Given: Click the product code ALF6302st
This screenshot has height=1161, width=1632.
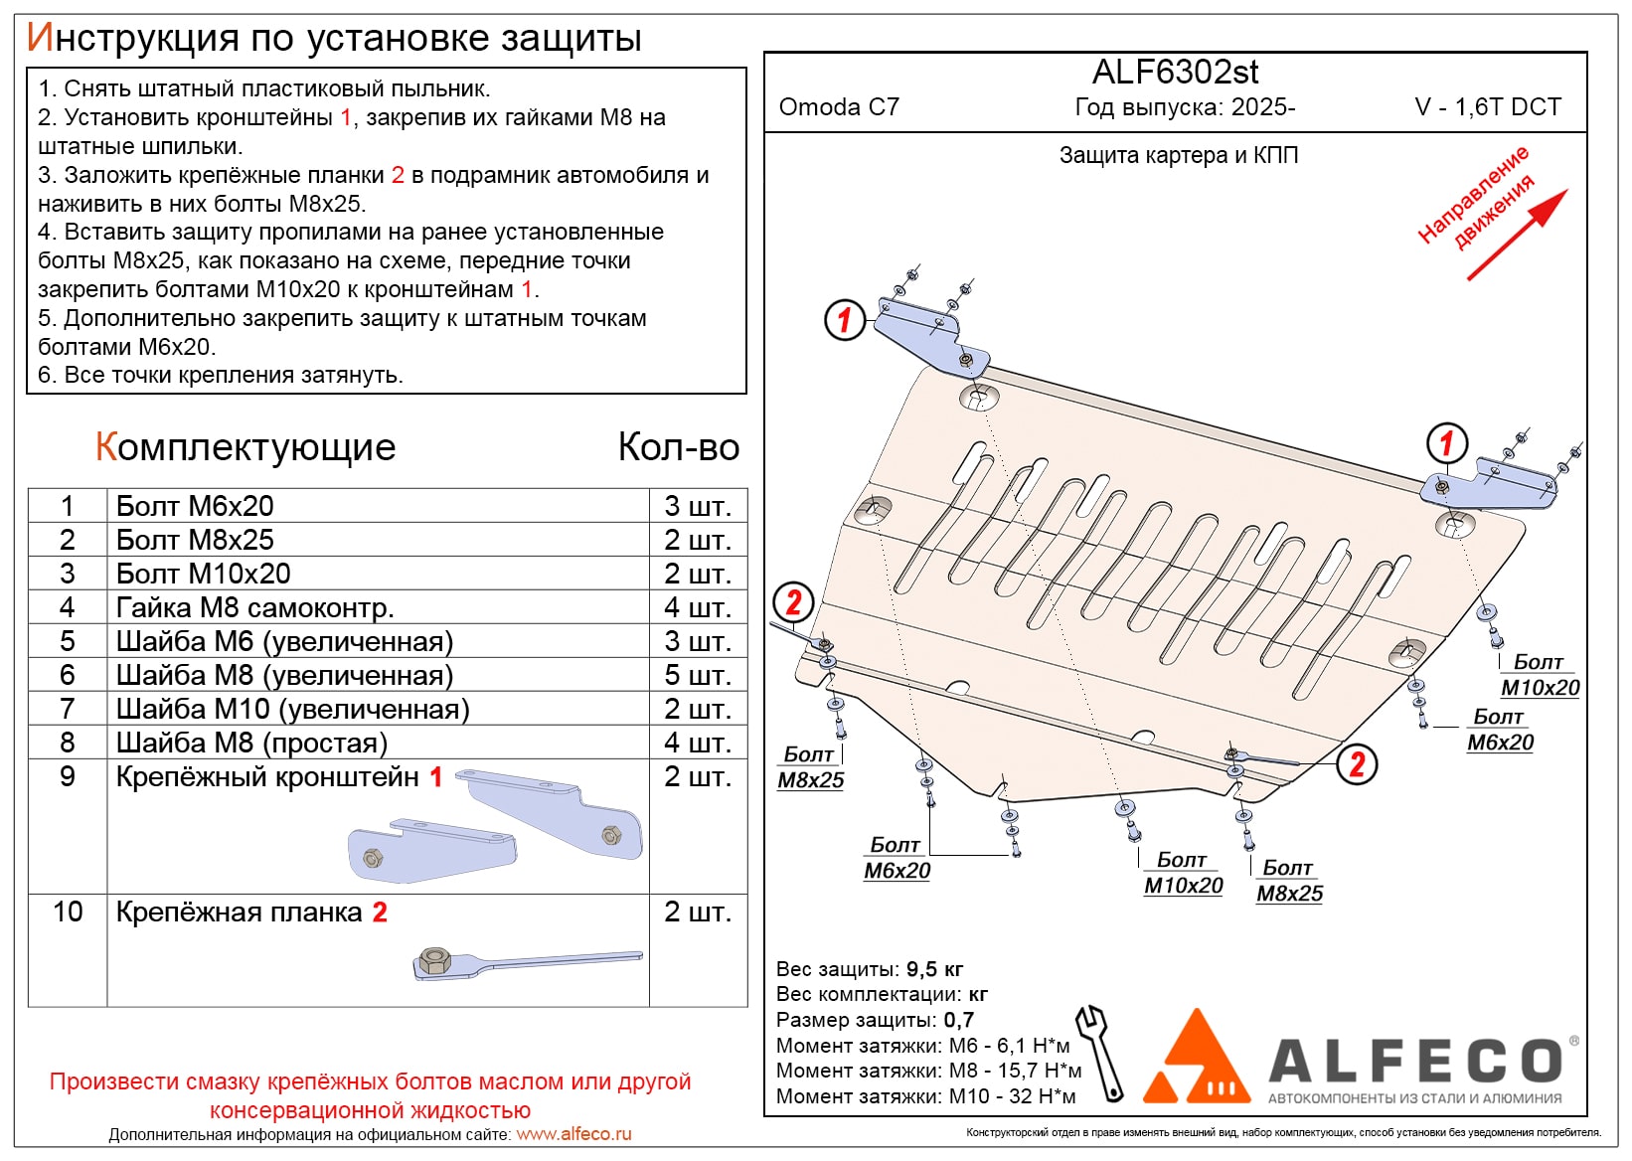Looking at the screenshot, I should [x=1175, y=73].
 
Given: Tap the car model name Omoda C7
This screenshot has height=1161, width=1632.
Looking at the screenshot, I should [x=839, y=107].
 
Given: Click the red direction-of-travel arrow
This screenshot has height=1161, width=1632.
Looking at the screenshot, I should [x=1517, y=235].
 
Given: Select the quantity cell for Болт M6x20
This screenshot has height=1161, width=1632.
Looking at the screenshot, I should [x=698, y=506].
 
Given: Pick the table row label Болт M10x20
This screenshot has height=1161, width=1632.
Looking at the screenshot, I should [x=204, y=574].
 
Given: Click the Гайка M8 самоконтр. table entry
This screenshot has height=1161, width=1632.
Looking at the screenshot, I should [x=255, y=607].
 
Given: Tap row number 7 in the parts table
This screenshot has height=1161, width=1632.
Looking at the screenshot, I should [x=68, y=709].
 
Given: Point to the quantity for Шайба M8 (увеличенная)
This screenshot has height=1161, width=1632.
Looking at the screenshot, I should [x=698, y=675].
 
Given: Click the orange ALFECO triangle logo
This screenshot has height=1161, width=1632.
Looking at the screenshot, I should [x=1198, y=1059].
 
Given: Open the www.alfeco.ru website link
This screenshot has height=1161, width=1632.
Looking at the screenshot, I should [x=573, y=1134].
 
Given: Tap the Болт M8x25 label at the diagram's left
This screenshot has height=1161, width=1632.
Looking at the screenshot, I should [x=810, y=767].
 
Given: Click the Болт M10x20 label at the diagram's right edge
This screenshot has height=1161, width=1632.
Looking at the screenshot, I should [x=1540, y=675].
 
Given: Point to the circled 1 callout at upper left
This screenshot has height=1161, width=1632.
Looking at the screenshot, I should [x=845, y=320].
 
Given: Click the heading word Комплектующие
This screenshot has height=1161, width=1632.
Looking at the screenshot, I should [x=245, y=447].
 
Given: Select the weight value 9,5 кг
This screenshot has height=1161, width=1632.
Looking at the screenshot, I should [x=934, y=969].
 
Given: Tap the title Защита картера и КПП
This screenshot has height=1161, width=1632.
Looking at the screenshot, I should [x=1179, y=155].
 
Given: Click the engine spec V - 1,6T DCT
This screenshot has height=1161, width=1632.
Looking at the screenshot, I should [x=1488, y=107].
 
